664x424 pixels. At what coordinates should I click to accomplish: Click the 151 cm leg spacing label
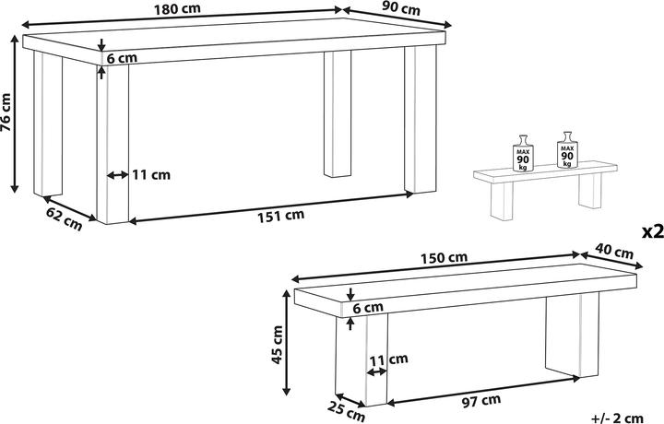coord(280,216)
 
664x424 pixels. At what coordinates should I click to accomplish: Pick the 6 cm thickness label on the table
coord(122,58)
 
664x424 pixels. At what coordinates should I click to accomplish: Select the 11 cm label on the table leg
coord(151,173)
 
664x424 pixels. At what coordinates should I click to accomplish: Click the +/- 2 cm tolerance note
coord(632,417)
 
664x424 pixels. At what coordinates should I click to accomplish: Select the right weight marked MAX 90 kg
coord(566,150)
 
